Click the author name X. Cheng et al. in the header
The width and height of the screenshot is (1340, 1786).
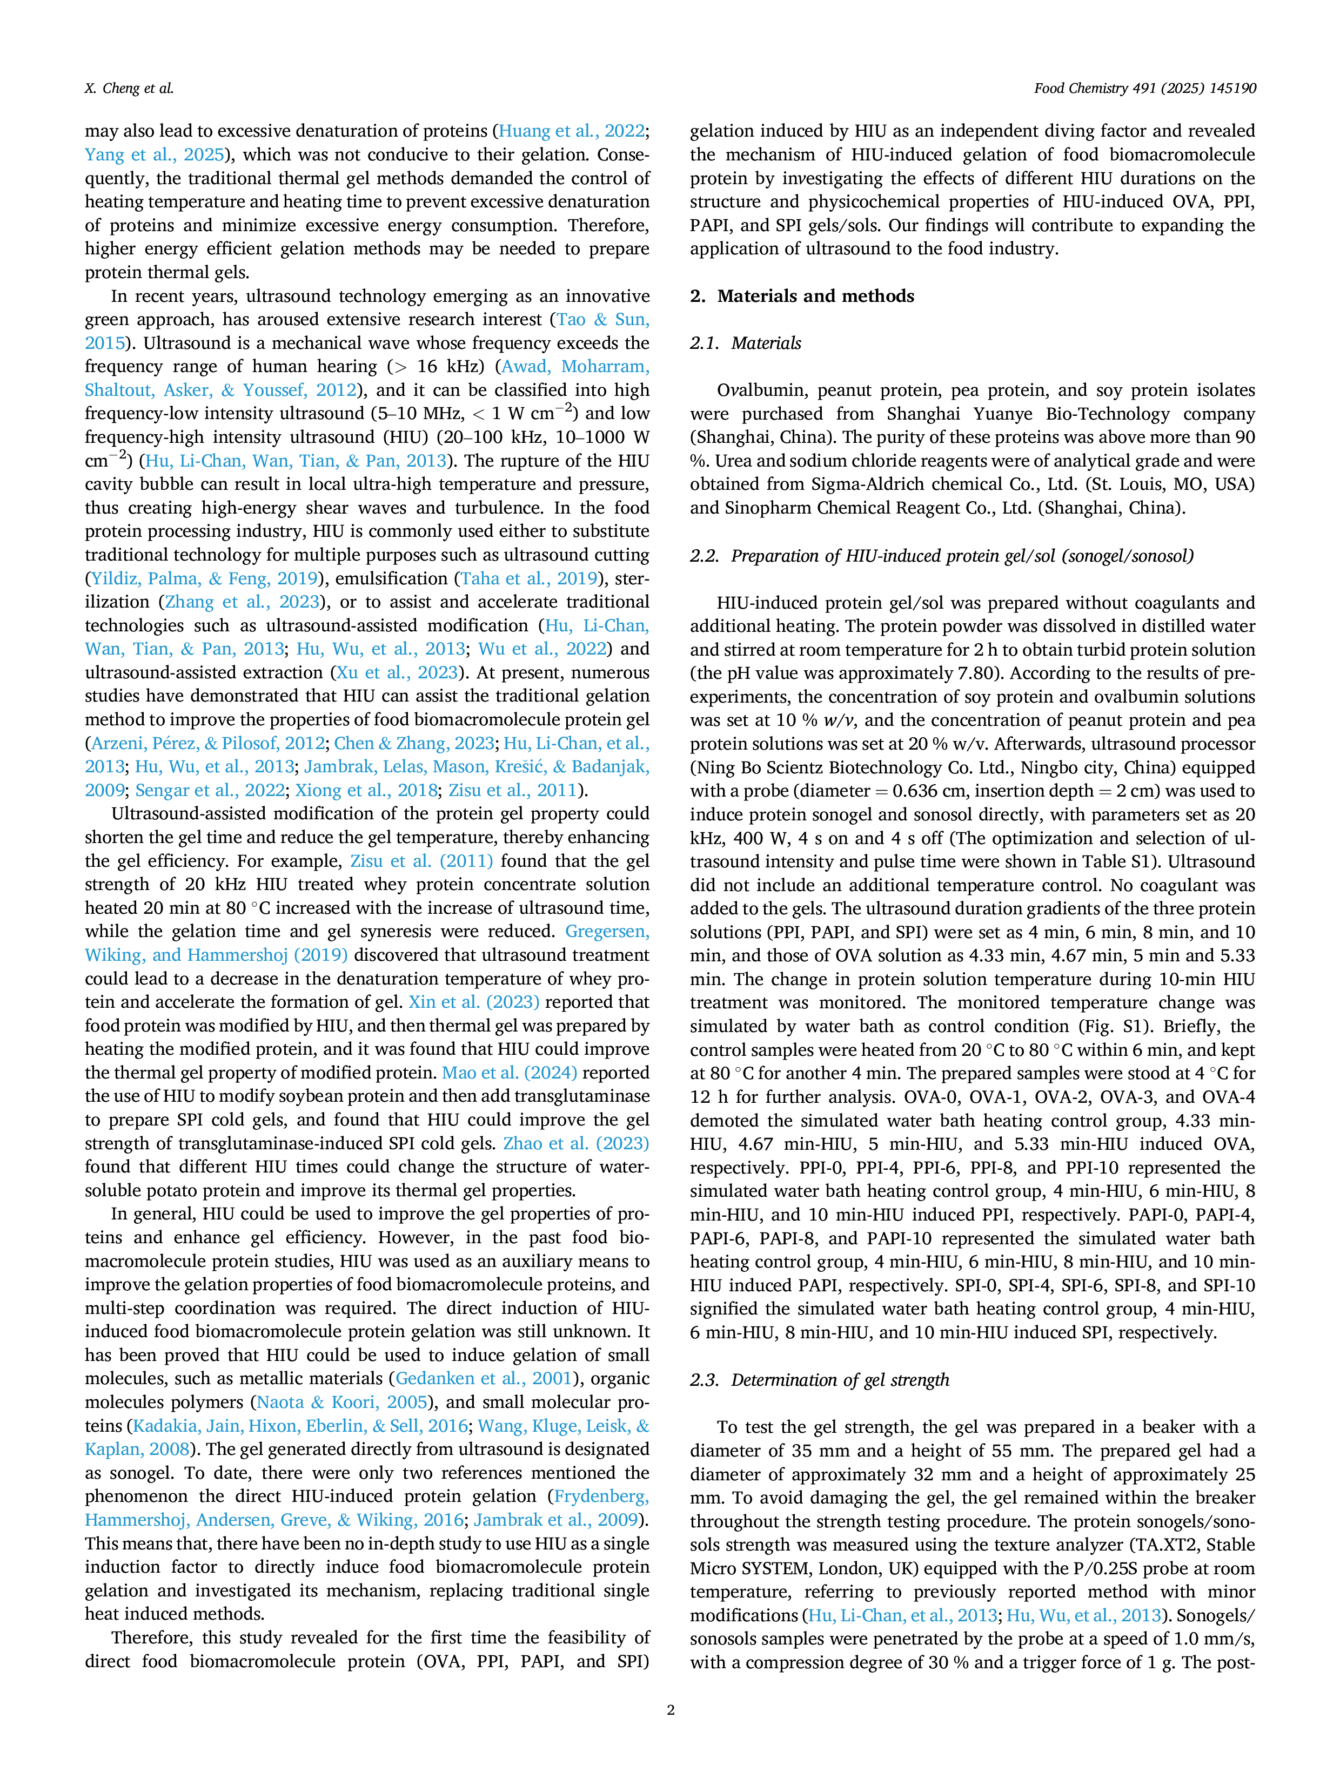tap(129, 88)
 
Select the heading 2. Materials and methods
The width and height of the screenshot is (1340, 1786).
tap(802, 296)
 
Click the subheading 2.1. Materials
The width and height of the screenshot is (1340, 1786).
tap(746, 343)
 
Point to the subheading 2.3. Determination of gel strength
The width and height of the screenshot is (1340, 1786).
tap(820, 1380)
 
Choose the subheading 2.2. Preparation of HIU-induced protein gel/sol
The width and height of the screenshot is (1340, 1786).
tap(942, 556)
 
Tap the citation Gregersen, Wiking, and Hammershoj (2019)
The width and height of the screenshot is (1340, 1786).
tap(367, 943)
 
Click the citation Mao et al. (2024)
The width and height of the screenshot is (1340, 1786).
tap(510, 1073)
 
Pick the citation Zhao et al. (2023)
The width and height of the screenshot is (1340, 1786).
tap(576, 1143)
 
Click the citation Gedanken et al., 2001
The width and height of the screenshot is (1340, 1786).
tap(483, 1378)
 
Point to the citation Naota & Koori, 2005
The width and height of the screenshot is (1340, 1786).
tap(341, 1401)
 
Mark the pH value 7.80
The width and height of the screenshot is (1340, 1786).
tap(977, 673)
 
